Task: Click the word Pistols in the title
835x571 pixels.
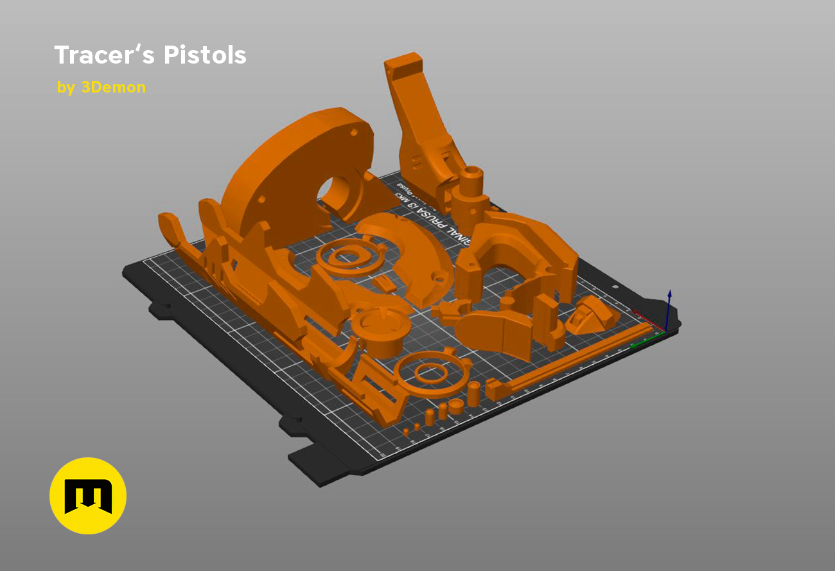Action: pos(205,55)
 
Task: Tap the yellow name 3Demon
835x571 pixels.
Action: pos(113,87)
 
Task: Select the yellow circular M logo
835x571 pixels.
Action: pos(88,496)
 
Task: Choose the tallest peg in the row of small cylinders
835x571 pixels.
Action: pos(473,392)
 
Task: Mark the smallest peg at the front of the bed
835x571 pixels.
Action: pos(406,431)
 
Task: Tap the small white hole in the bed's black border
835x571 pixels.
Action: pos(615,287)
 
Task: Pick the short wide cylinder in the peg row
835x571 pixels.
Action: pos(456,406)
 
